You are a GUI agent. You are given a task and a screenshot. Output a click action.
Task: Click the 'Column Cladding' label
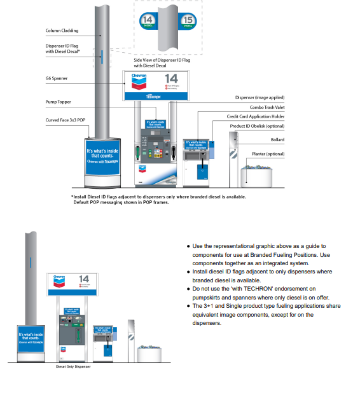pos(63,30)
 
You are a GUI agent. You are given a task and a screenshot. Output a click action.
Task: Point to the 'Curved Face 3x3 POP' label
pos(66,120)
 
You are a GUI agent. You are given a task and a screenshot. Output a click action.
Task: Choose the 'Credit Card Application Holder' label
pos(256,116)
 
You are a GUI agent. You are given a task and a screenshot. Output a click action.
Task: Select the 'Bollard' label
pos(277,139)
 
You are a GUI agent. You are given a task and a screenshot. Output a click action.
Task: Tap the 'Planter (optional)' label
pos(267,155)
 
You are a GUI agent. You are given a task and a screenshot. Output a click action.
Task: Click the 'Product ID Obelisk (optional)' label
pos(257,126)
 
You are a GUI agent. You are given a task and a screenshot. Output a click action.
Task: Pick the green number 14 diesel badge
pos(149,21)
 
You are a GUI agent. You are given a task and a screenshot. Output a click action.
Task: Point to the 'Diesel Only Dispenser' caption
pos(73,368)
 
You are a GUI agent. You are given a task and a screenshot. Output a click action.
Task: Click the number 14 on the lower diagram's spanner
pos(84,279)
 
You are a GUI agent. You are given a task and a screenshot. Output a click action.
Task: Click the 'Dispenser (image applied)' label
pos(258,97)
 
